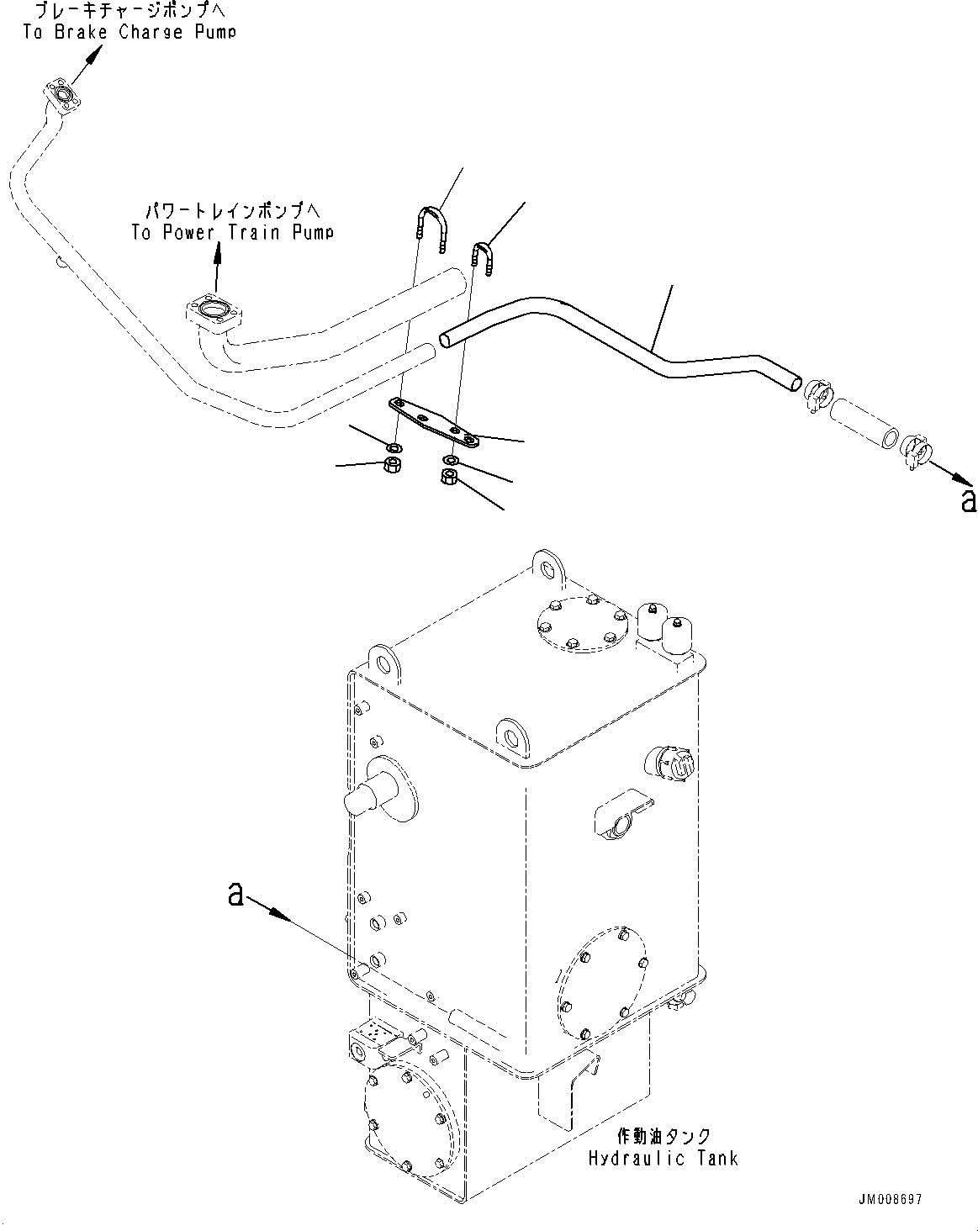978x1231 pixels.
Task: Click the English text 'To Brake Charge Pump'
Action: click(129, 32)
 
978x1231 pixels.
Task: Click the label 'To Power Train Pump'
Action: click(232, 232)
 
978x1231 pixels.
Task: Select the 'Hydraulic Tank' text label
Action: click(663, 1158)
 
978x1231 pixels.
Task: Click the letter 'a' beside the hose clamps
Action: click(968, 500)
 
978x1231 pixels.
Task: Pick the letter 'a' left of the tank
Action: click(235, 896)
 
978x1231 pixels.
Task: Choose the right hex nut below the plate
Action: click(448, 478)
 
